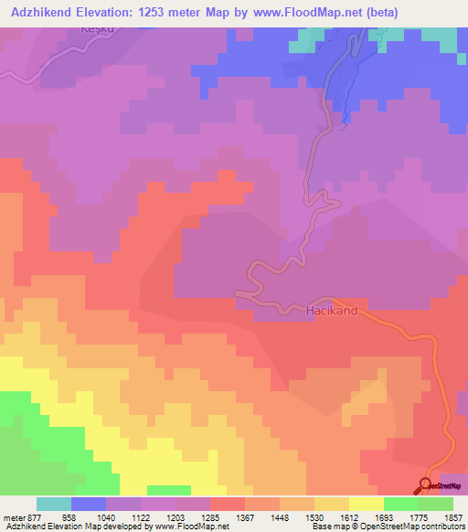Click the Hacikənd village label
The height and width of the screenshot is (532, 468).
(330, 311)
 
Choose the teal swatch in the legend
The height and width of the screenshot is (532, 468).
(54, 504)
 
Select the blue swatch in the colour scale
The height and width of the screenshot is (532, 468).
(89, 504)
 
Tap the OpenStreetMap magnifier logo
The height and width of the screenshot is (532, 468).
(425, 485)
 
